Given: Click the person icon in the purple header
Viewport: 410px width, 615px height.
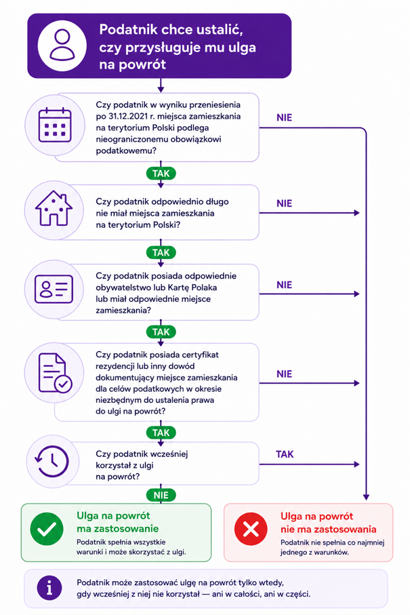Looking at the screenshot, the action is point(62,45).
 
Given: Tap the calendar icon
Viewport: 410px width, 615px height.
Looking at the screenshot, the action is point(55,125).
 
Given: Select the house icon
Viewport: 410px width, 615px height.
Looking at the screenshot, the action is point(54,208).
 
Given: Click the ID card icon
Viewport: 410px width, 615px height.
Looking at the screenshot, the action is point(54,289).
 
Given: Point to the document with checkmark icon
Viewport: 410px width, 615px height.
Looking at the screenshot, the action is point(55,373).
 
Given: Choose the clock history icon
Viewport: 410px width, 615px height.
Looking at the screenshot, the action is point(52,461).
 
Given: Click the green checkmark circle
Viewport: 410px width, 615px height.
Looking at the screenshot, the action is point(47,529).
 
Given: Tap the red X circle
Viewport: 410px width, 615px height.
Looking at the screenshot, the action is point(251,529).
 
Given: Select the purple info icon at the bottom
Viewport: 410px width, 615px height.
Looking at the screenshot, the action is point(49,589).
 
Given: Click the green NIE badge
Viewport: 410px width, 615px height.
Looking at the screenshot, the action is point(161,495).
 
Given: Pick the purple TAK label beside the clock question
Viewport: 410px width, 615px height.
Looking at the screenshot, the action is point(285,454).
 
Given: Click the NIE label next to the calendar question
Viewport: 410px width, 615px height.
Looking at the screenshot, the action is point(284,118).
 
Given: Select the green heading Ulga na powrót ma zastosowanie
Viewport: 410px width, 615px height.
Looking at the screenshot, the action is point(118,522).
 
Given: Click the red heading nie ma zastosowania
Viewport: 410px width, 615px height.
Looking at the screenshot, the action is point(329,529).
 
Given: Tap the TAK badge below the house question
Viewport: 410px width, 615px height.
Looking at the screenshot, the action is point(161,253).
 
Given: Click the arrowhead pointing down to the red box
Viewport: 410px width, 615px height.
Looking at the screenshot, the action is point(366,497).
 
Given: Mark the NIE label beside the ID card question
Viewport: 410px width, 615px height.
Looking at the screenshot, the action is point(284,285).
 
